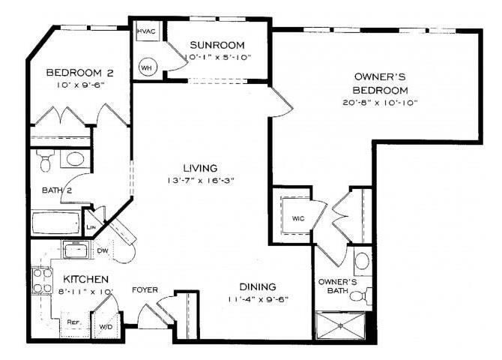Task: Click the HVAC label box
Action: tap(145, 32)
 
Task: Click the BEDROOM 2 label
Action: tap(79, 73)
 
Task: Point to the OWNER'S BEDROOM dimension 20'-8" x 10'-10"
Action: tap(380, 102)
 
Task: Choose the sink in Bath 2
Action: tap(73, 159)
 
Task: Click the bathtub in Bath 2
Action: tap(55, 223)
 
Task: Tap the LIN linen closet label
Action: tap(91, 228)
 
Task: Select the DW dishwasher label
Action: tap(103, 251)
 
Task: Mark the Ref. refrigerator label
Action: tap(73, 322)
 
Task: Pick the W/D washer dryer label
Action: tap(105, 327)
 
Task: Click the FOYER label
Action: tap(144, 289)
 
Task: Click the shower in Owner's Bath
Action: tap(342, 324)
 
